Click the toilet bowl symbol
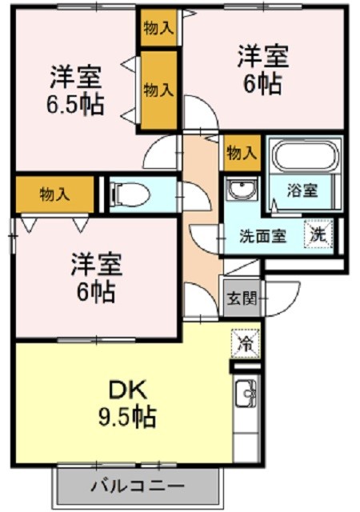click(130, 194)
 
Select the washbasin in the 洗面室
click(242, 189)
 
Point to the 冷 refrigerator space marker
click(246, 344)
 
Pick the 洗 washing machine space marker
click(318, 234)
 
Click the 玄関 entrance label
click(242, 298)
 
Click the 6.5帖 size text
click(76, 104)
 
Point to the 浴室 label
click(302, 190)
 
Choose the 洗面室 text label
click(262, 236)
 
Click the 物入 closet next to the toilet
click(54, 194)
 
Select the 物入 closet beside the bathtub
click(242, 153)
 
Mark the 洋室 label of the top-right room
click(263, 57)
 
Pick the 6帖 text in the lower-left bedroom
click(96, 291)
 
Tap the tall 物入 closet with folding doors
click(158, 90)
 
